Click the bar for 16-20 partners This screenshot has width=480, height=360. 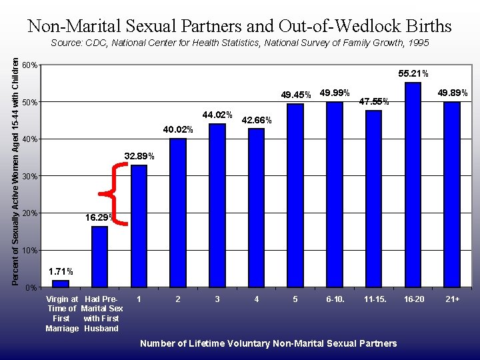click(x=413, y=185)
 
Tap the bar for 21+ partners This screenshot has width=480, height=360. click(x=452, y=194)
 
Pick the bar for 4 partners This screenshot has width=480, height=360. click(x=256, y=207)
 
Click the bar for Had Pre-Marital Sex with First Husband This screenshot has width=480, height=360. click(x=99, y=257)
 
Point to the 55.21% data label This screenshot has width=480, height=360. click(x=413, y=73)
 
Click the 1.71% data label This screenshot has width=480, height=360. click(x=60, y=271)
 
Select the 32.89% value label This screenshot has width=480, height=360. click(x=139, y=156)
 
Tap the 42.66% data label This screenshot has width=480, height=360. click(x=256, y=121)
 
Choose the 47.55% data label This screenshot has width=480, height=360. click(x=374, y=102)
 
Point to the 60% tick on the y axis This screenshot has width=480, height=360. click(x=29, y=65)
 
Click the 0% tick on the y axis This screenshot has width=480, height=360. click(x=31, y=287)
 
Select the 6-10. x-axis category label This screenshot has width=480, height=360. click(x=335, y=299)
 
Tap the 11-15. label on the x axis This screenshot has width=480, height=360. click(x=374, y=299)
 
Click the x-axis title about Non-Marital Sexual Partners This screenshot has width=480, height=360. click(x=268, y=343)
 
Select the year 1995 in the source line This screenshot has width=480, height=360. click(x=417, y=43)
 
